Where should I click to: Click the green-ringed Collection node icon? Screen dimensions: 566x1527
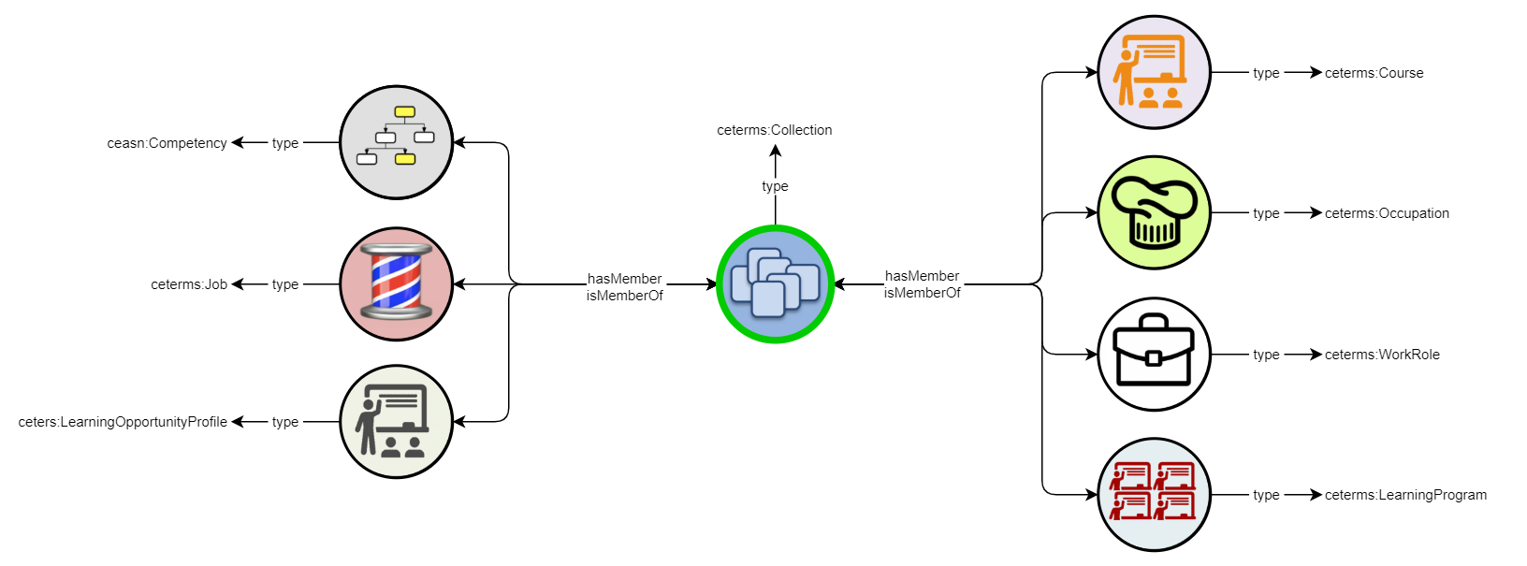pyautogui.click(x=775, y=283)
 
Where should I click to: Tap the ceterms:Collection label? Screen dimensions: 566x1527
pyautogui.click(x=775, y=130)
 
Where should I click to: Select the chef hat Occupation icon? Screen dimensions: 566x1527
pyautogui.click(x=1154, y=213)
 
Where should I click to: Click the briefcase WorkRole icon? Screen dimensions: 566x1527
pyautogui.click(x=1154, y=354)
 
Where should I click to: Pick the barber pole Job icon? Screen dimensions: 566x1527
pyautogui.click(x=396, y=283)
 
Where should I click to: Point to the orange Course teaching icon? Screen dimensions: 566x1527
pyautogui.click(x=1154, y=72)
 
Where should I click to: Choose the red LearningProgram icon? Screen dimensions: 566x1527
pyautogui.click(x=1154, y=494)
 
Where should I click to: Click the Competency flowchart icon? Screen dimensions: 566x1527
pyautogui.click(x=396, y=142)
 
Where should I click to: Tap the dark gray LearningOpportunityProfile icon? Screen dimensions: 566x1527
pyautogui.click(x=396, y=421)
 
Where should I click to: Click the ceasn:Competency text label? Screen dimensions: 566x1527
pyautogui.click(x=167, y=143)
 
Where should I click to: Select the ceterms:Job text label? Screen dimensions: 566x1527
pyautogui.click(x=189, y=284)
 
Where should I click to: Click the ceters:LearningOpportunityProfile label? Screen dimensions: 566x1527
pyautogui.click(x=123, y=422)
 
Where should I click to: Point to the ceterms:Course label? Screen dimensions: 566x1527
pyautogui.click(x=1374, y=73)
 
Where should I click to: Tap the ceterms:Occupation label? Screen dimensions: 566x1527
pyautogui.click(x=1387, y=213)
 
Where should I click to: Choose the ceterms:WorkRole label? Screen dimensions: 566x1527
pyautogui.click(x=1382, y=355)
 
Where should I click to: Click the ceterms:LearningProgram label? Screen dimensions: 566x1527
pyautogui.click(x=1405, y=495)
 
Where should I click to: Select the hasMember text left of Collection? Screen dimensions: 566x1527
pyautogui.click(x=624, y=279)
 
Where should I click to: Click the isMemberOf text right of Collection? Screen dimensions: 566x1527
pyautogui.click(x=922, y=293)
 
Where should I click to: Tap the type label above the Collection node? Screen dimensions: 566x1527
pyautogui.click(x=775, y=186)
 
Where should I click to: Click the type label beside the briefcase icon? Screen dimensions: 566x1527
pyautogui.click(x=1266, y=355)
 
